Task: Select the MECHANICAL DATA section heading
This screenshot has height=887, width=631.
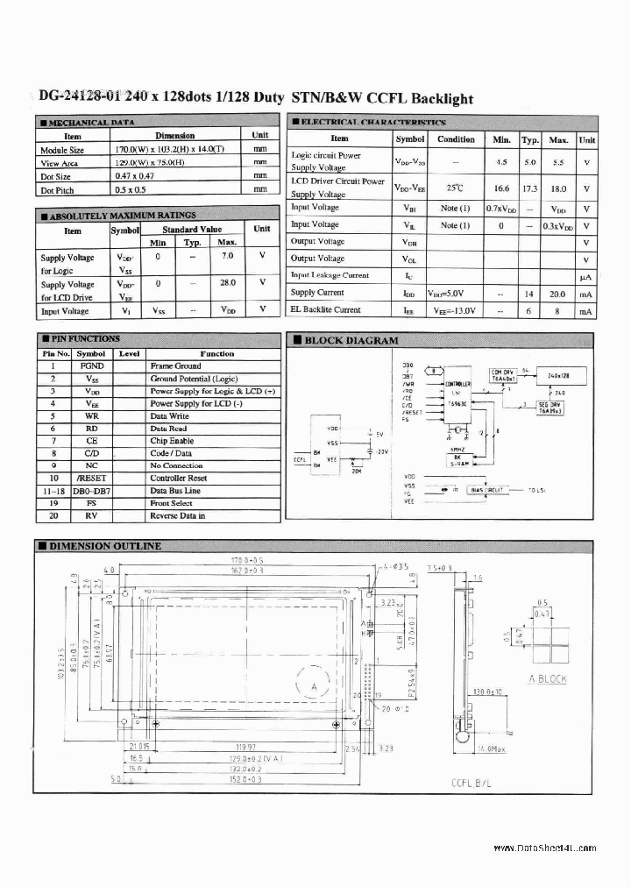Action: pos(87,123)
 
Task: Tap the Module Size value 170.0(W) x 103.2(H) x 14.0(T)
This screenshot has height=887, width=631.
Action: pos(174,149)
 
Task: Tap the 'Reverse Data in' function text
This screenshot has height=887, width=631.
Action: pos(177,516)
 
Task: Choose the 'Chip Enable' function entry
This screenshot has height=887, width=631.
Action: pos(172,441)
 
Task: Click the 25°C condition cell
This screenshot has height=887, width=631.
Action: pos(456,188)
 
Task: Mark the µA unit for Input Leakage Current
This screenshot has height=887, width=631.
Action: pos(586,276)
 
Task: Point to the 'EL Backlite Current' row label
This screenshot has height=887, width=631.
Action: pos(325,309)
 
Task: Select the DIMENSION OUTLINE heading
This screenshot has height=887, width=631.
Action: pos(104,545)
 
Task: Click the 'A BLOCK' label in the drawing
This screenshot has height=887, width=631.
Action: pos(547,679)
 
